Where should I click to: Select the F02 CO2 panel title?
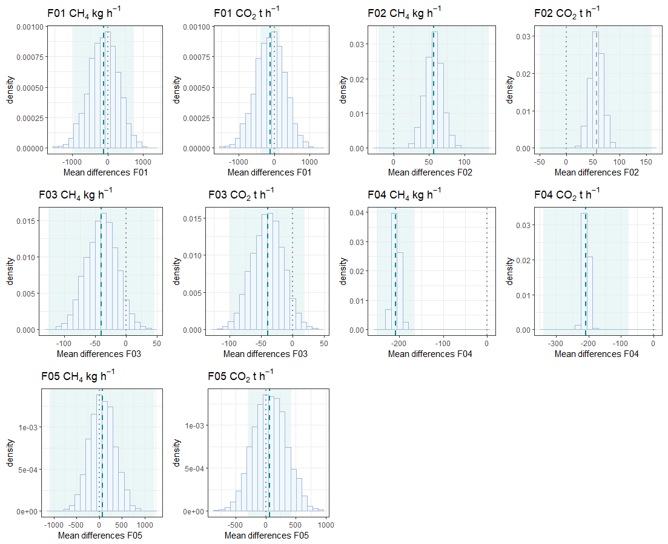tap(567, 13)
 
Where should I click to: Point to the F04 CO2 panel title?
tap(567, 194)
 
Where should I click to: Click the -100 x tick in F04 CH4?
tap(443, 344)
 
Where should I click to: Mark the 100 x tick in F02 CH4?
tap(465, 162)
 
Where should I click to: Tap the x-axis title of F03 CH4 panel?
tap(99, 354)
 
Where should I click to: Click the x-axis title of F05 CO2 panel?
tap(266, 536)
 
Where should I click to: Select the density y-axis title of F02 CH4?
tap(343, 88)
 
